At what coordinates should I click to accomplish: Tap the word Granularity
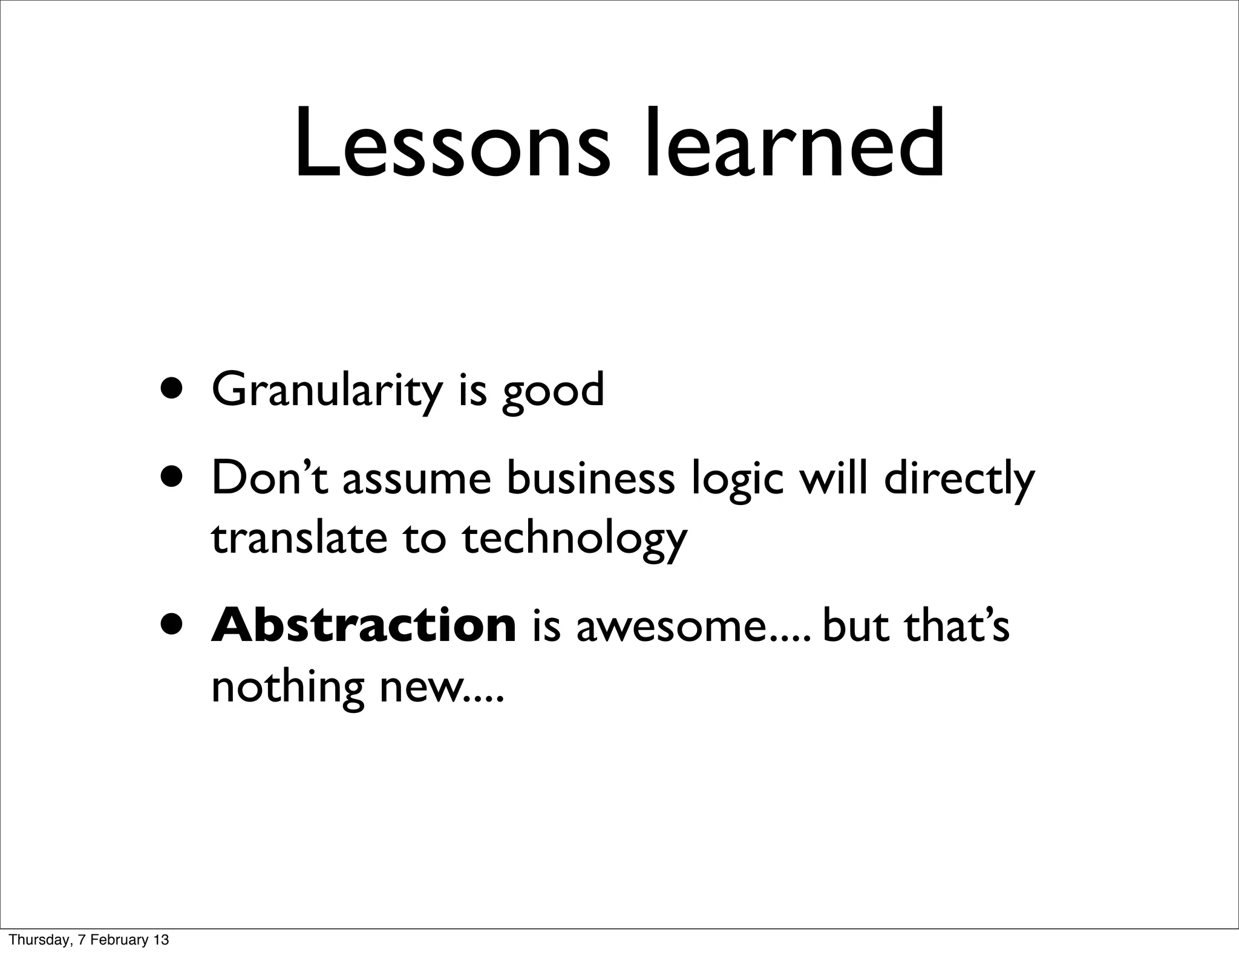pyautogui.click(x=327, y=391)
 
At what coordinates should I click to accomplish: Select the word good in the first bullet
pyautogui.click(x=553, y=392)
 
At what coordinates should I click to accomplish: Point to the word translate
pyautogui.click(x=299, y=538)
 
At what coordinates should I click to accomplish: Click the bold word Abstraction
pyautogui.click(x=364, y=626)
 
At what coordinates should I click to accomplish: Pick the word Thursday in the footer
pyautogui.click(x=38, y=940)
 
